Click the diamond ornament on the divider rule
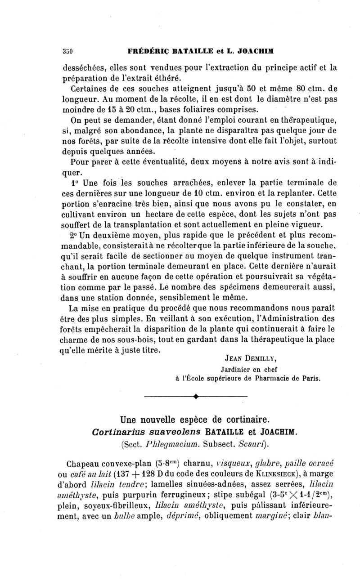click(x=196, y=396)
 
